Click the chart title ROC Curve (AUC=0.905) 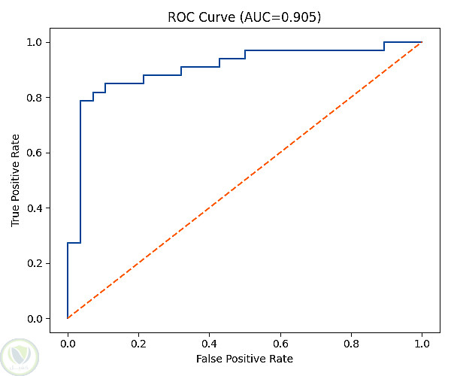(244, 17)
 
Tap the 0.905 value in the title (298, 17)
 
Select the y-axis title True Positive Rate (15, 180)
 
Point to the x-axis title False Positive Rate (244, 359)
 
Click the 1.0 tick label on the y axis (35, 42)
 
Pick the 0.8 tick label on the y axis (35, 98)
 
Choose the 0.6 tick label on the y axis (35, 153)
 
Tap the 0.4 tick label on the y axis (35, 208)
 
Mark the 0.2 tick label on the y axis (35, 263)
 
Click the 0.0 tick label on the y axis (35, 319)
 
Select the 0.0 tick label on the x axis (68, 344)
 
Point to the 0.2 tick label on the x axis (138, 344)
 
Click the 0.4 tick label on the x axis (210, 344)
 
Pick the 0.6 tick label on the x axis (280, 344)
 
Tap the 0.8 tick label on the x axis (351, 344)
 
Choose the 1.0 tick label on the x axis (422, 344)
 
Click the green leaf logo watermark (20, 356)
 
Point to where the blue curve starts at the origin (68, 318)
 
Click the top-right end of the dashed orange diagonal (422, 42)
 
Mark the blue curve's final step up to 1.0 (384, 47)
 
